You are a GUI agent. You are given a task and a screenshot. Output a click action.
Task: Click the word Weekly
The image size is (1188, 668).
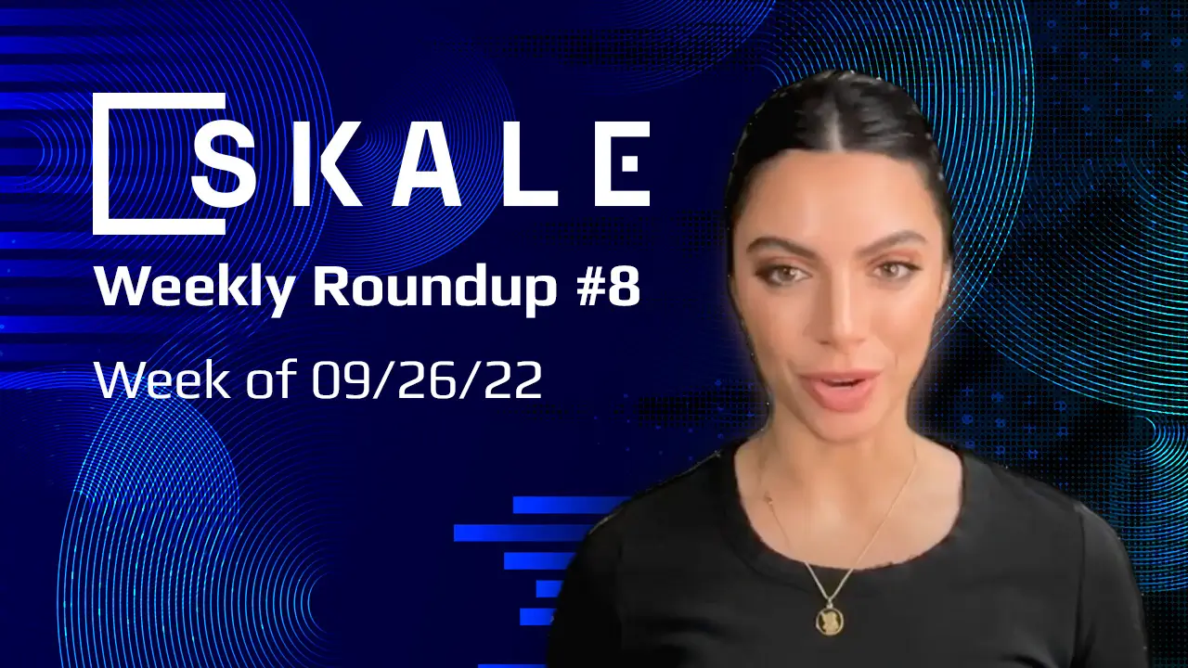195,289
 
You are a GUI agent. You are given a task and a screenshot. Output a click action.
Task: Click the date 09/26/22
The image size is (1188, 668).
426,381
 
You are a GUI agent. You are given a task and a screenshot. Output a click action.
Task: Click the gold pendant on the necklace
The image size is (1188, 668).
828,615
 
